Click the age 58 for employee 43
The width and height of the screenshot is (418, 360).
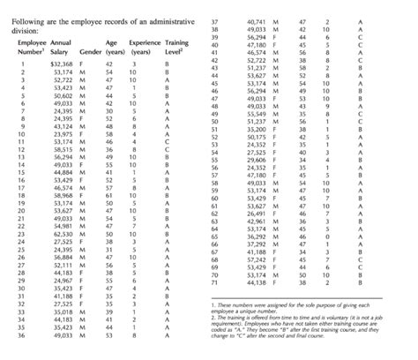[x=302, y=67]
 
